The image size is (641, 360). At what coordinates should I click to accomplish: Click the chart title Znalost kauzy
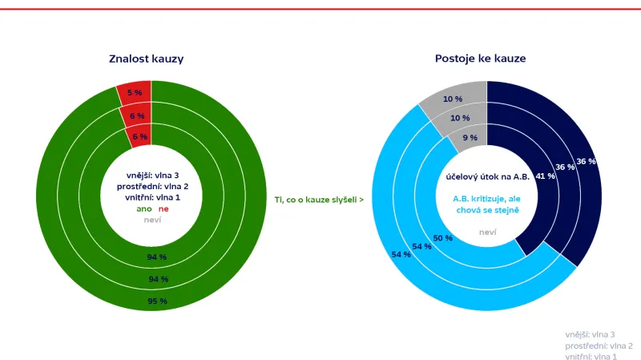[x=151, y=59]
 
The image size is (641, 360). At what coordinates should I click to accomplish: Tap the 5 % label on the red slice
[x=135, y=93]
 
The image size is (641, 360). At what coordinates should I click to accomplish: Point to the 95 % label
[x=157, y=301]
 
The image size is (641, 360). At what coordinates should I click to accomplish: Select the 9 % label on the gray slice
[x=470, y=138]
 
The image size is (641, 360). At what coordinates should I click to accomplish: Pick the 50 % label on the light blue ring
[x=442, y=238]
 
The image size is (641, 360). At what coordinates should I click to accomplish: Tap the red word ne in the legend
[x=163, y=208]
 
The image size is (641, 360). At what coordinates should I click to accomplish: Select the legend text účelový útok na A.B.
[x=486, y=178]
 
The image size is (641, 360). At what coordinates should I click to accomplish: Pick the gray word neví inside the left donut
[x=151, y=220]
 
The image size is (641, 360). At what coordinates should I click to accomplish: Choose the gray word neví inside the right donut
[x=487, y=233]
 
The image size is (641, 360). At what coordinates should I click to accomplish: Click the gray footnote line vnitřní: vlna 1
[x=591, y=355]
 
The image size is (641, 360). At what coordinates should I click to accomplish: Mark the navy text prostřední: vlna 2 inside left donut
[x=151, y=186]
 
